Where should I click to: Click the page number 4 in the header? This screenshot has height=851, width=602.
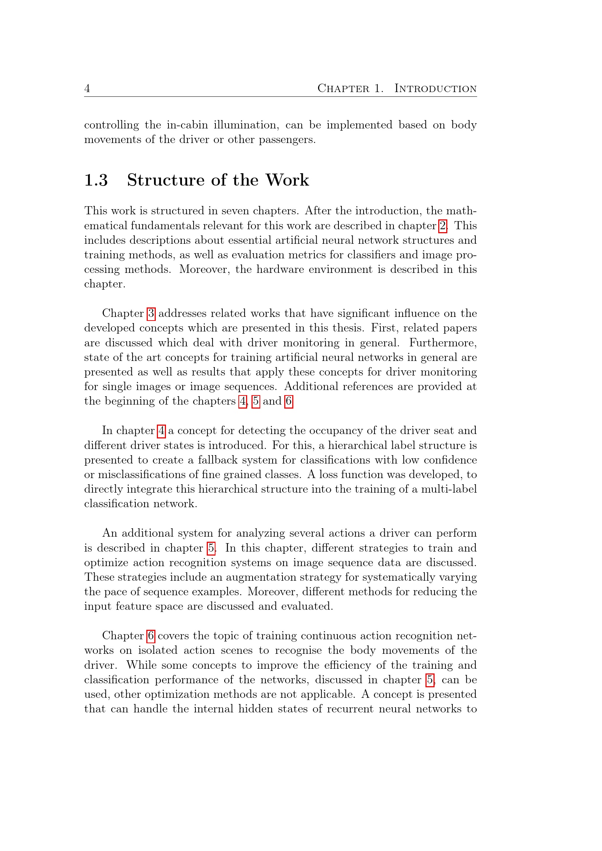[x=87, y=88]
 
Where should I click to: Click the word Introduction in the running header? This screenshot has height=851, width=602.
[x=435, y=88]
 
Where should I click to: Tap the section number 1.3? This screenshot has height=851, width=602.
[x=96, y=180]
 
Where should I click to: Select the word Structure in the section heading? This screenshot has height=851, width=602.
[x=165, y=180]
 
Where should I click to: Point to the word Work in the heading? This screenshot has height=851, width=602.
[x=287, y=180]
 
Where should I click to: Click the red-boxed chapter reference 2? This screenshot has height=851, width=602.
[x=443, y=226]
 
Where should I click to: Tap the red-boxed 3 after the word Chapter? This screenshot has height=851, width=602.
[x=151, y=314]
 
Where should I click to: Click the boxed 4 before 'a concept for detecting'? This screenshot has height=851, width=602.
[x=161, y=431]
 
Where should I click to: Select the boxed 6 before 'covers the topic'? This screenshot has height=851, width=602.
[x=151, y=636]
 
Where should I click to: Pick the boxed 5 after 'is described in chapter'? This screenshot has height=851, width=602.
[x=211, y=548]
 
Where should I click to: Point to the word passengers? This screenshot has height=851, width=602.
[x=287, y=140]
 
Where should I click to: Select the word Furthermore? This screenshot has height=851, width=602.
[x=443, y=343]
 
